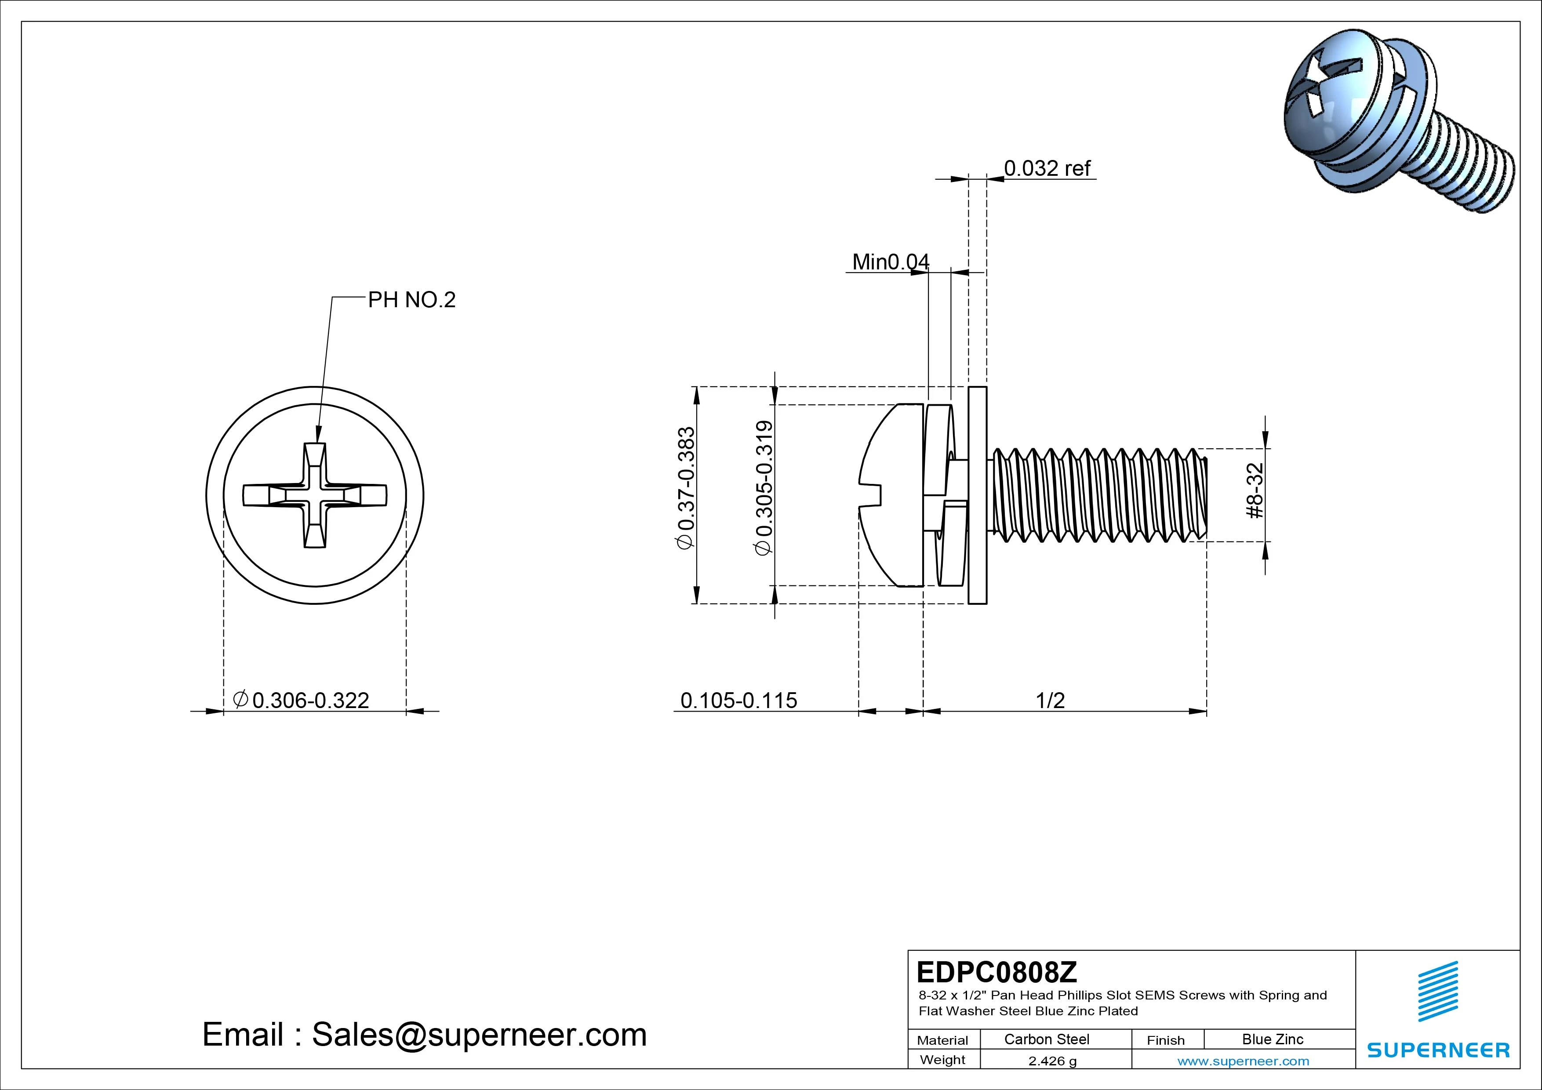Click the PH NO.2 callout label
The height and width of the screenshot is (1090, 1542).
coord(411,300)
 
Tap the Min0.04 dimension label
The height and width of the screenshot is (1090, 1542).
coord(890,262)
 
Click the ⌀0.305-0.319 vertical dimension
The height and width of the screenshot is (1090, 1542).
coord(764,488)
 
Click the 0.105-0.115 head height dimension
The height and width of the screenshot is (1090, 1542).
coord(738,701)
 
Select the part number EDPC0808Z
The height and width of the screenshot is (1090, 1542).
coord(996,972)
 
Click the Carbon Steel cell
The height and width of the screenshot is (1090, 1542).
coord(1046,1039)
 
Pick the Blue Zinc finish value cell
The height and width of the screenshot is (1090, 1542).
coord(1272,1039)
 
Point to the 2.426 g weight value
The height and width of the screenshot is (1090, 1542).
coord(1052,1061)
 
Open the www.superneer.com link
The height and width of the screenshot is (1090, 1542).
coord(1243,1061)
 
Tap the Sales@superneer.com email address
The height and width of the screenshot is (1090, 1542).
coord(479,1035)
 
